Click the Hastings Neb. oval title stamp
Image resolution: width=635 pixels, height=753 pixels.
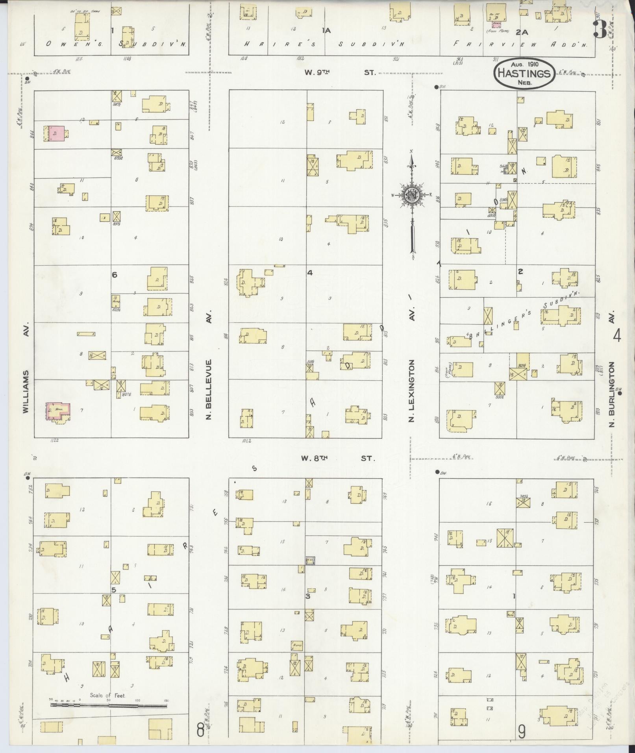click(524, 73)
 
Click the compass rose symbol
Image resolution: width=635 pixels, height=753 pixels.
click(412, 196)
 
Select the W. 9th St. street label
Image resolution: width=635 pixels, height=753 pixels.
click(340, 73)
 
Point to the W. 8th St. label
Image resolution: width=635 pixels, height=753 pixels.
click(338, 458)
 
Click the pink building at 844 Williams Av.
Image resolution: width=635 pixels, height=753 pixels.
click(56, 134)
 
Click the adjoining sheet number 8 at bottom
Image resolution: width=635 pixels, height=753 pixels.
click(200, 731)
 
